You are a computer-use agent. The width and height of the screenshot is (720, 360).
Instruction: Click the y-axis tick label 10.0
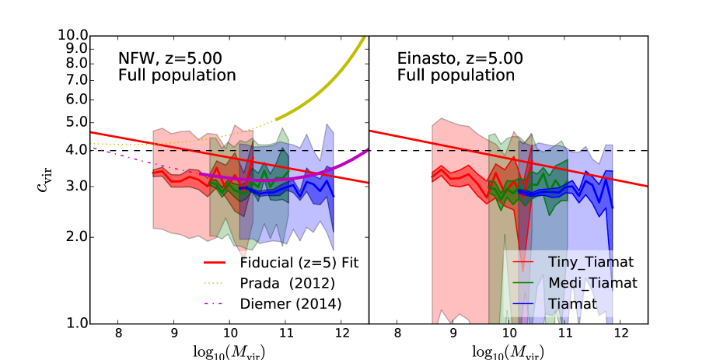click(72, 36)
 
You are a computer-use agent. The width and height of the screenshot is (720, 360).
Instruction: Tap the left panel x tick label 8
click(118, 335)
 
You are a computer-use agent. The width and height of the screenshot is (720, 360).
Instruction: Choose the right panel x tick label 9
click(453, 335)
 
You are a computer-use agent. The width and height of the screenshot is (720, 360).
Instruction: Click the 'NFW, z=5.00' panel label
click(164, 59)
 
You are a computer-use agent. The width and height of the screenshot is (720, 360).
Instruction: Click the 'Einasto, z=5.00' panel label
click(460, 59)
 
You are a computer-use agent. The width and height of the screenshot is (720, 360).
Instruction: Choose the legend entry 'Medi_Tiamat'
click(592, 283)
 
